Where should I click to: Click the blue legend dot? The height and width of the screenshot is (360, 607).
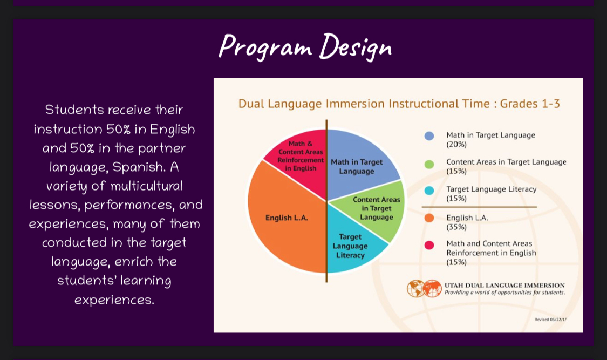pyautogui.click(x=429, y=136)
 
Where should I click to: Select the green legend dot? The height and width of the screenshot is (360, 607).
pyautogui.click(x=429, y=164)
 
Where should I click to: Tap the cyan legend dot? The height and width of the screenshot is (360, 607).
pyautogui.click(x=429, y=191)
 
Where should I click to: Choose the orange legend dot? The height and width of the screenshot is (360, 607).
pyautogui.click(x=429, y=218)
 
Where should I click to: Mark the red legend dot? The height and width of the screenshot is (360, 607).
pyautogui.click(x=429, y=245)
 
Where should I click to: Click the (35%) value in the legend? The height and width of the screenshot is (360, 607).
pyautogui.click(x=456, y=227)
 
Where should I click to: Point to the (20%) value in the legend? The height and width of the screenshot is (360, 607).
pyautogui.click(x=456, y=145)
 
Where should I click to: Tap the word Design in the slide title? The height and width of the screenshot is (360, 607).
pyautogui.click(x=356, y=47)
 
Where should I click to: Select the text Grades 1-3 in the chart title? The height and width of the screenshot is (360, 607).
pyautogui.click(x=530, y=104)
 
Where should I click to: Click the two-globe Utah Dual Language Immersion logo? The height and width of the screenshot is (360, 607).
pyautogui.click(x=424, y=288)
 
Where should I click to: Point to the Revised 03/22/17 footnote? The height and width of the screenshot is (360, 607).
pyautogui.click(x=550, y=320)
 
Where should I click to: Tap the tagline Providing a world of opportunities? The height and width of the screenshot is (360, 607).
pyautogui.click(x=505, y=292)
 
